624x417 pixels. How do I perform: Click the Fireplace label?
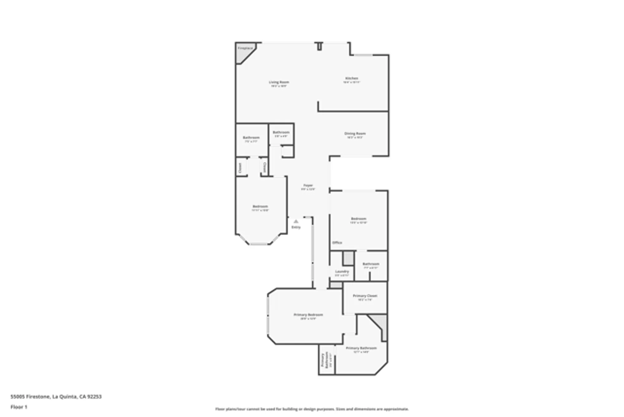click(x=245, y=48)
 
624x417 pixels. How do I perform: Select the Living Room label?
click(x=279, y=82)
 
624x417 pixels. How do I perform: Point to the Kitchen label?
click(x=352, y=78)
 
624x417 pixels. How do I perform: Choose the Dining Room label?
click(x=355, y=133)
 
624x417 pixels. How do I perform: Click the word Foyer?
click(x=308, y=185)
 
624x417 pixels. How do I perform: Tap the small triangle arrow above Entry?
click(x=296, y=221)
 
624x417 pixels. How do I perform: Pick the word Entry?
click(x=296, y=227)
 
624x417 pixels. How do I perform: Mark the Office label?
click(x=337, y=243)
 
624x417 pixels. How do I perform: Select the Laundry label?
click(x=342, y=271)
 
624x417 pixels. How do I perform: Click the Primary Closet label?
click(x=365, y=296)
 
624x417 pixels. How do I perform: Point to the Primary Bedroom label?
click(x=308, y=315)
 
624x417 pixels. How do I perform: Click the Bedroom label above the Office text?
click(x=358, y=219)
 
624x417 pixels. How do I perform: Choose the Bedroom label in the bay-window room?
click(x=260, y=206)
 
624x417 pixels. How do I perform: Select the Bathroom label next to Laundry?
click(x=371, y=264)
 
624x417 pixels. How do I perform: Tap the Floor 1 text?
click(x=19, y=407)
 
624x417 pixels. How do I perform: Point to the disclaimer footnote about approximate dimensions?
click(x=312, y=409)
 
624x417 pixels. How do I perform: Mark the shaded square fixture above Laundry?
click(x=348, y=259)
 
